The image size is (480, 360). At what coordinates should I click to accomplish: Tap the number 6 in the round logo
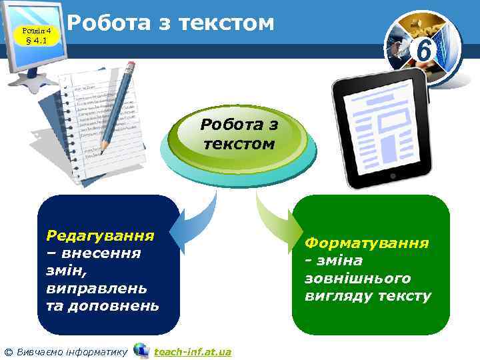coord(422,49)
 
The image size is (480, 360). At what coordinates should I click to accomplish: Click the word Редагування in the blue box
coord(100,235)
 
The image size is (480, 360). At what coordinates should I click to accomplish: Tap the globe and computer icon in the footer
coord(141,351)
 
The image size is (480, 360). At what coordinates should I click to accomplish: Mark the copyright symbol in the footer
coord(8,351)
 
